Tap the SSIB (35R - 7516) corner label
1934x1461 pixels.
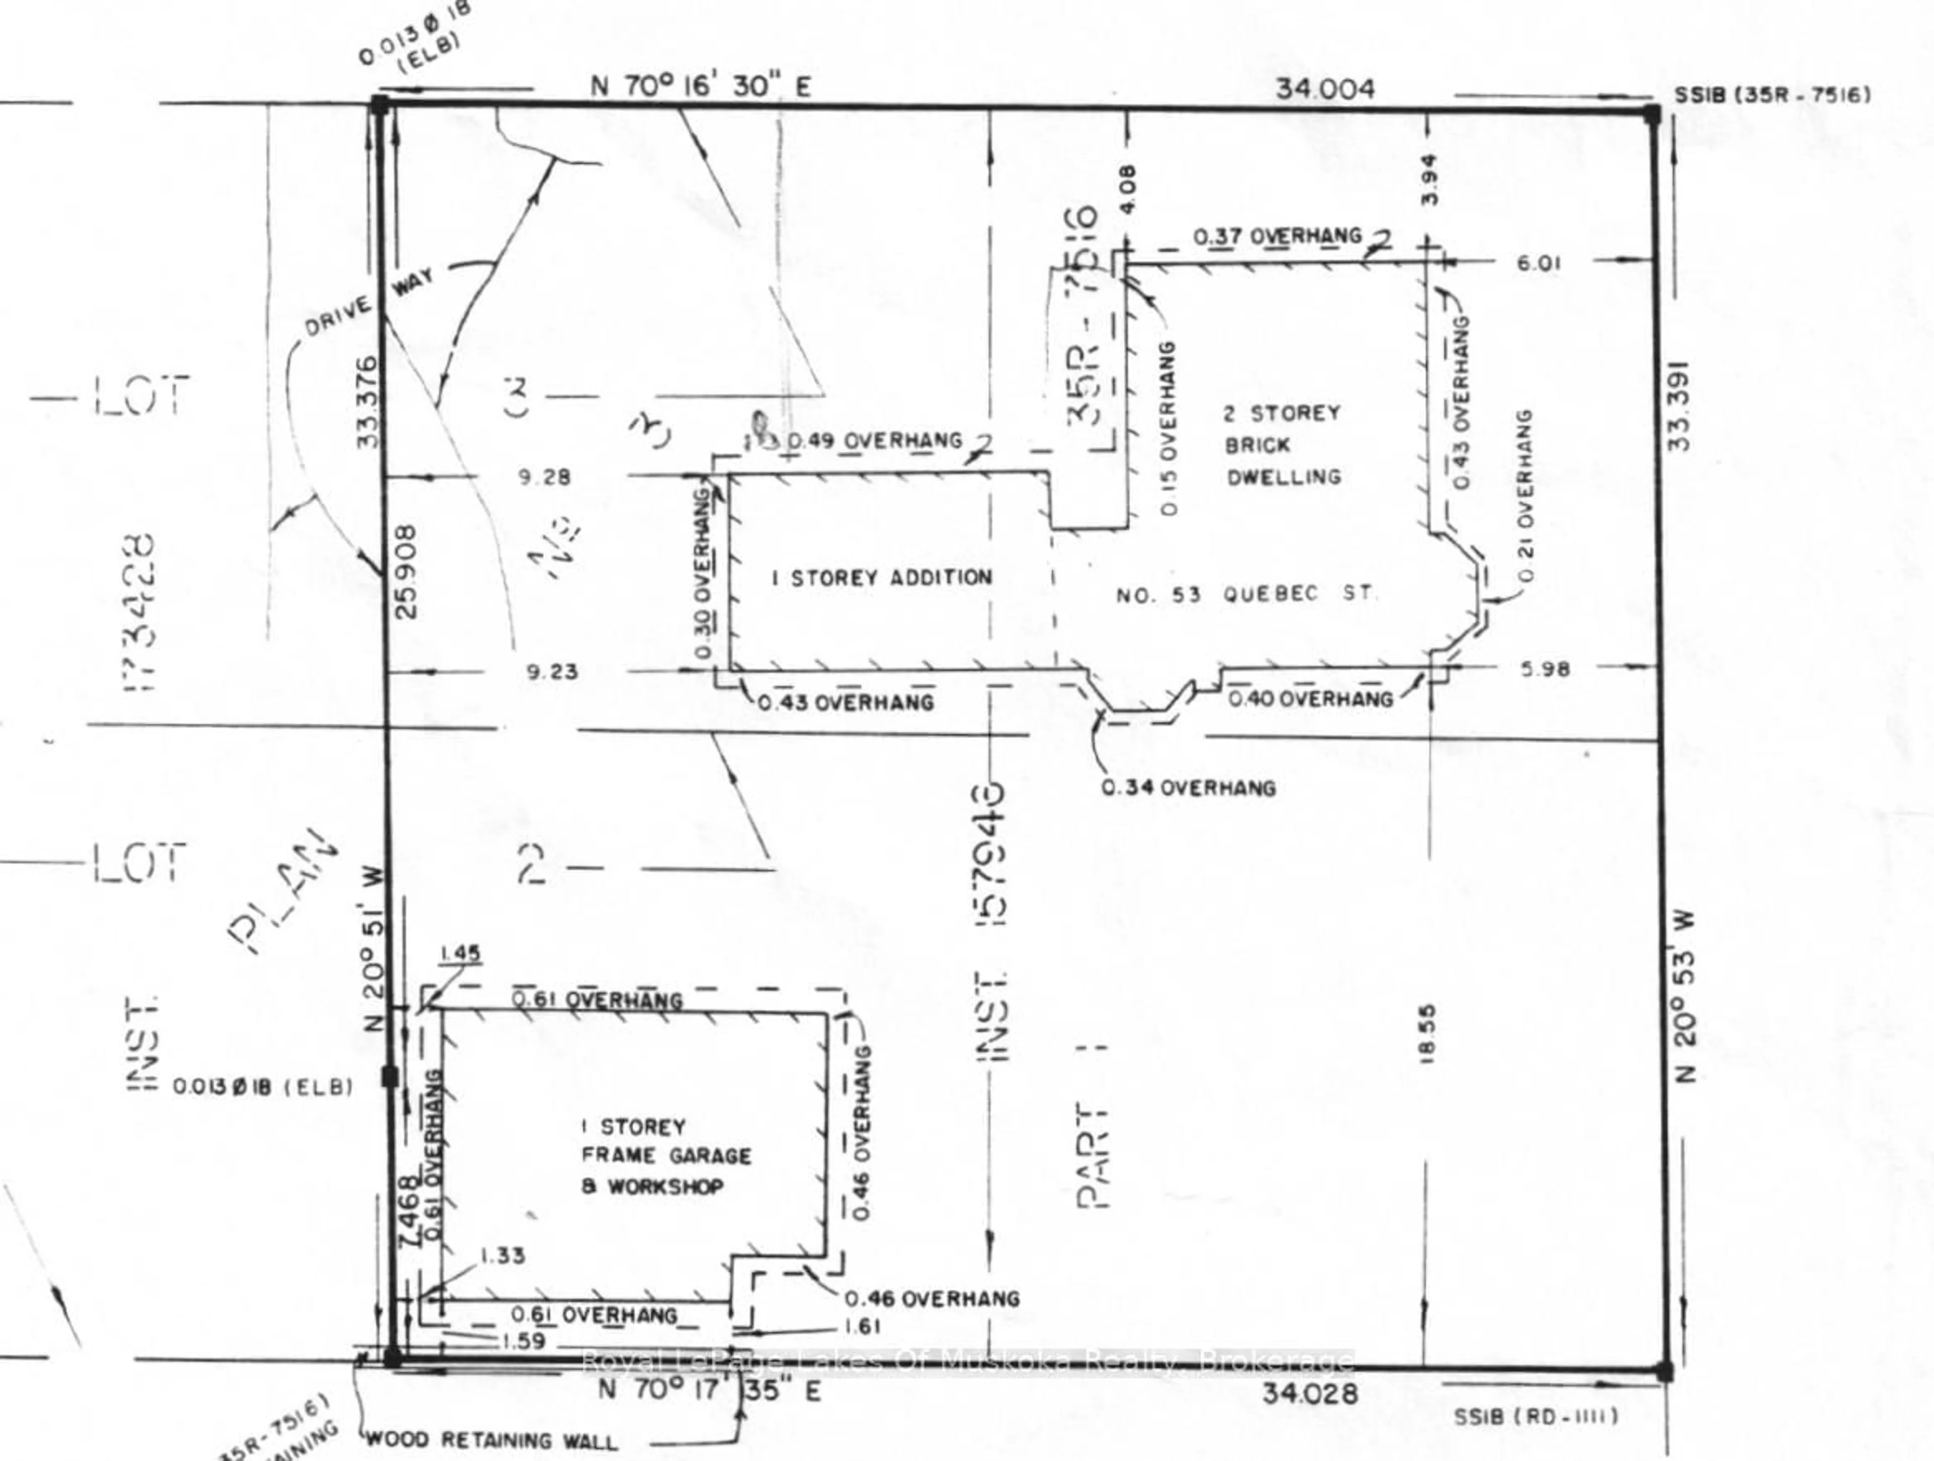click(1772, 94)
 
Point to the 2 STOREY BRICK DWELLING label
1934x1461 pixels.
click(1283, 445)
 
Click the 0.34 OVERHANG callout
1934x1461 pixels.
click(1188, 788)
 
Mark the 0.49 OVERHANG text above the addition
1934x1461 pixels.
click(875, 441)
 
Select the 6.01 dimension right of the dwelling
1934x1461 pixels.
click(1538, 262)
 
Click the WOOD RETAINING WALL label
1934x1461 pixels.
click(491, 1439)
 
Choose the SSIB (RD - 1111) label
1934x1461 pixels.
click(1535, 1416)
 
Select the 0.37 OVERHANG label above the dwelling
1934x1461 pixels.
click(1277, 236)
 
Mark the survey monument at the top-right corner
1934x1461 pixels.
click(1651, 114)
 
